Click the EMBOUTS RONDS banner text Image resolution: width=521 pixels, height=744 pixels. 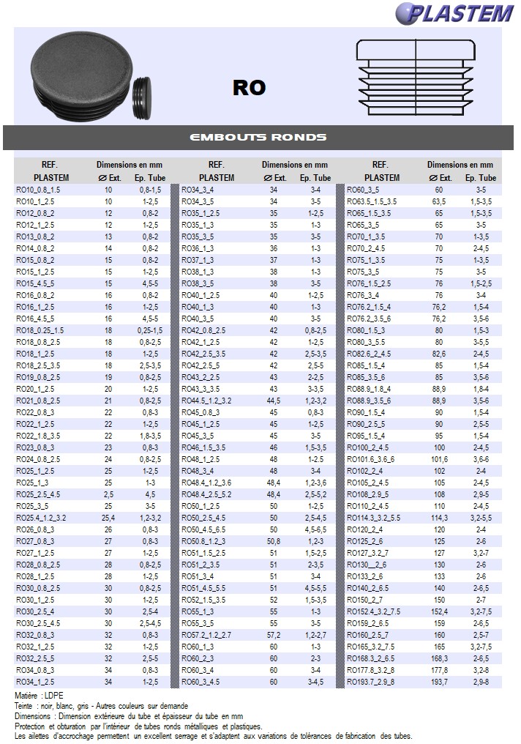(258, 138)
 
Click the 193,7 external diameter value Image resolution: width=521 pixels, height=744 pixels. (439, 682)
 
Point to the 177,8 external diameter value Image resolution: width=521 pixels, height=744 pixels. (439, 670)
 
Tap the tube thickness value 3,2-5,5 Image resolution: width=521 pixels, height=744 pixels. (481, 518)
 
